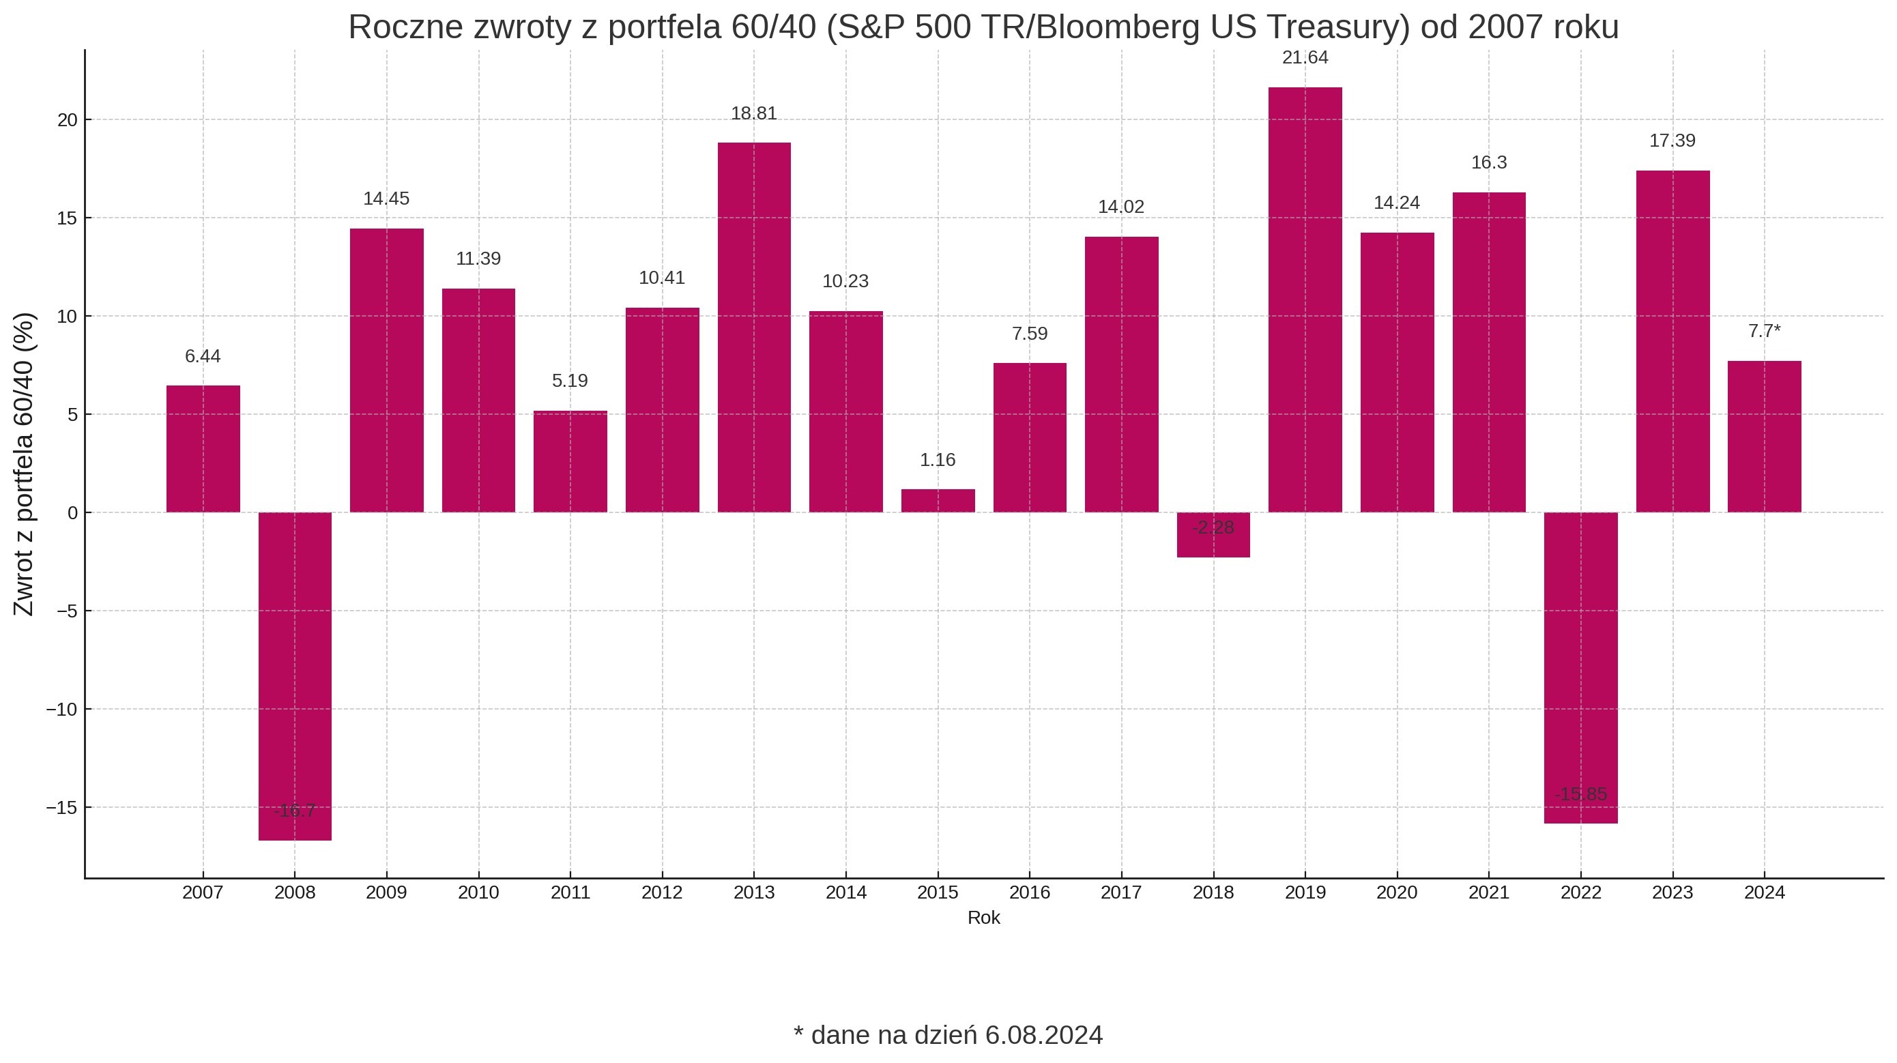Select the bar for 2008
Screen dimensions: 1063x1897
tap(295, 675)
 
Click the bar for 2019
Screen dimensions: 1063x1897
tap(1305, 300)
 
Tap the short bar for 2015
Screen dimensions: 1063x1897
tap(938, 501)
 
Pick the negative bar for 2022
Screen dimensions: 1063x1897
tap(1580, 667)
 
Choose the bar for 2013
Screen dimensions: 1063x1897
tap(754, 327)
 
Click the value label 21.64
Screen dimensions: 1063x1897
tap(1305, 57)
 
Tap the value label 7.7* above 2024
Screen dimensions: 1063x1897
tap(1765, 332)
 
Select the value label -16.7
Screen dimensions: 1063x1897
tap(295, 811)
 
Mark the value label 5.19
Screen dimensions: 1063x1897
tap(570, 381)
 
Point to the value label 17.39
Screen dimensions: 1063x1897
tap(1672, 141)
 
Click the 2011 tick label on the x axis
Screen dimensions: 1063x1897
tap(570, 892)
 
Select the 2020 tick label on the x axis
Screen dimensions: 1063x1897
tap(1397, 892)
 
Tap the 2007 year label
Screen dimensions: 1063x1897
tap(203, 892)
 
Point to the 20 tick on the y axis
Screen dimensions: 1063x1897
tap(67, 120)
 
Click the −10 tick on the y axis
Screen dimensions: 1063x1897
tap(62, 710)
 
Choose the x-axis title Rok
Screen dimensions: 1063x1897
tap(984, 918)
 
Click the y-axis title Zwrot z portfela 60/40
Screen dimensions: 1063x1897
tap(24, 464)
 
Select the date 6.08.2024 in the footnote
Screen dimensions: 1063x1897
tap(1044, 1035)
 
